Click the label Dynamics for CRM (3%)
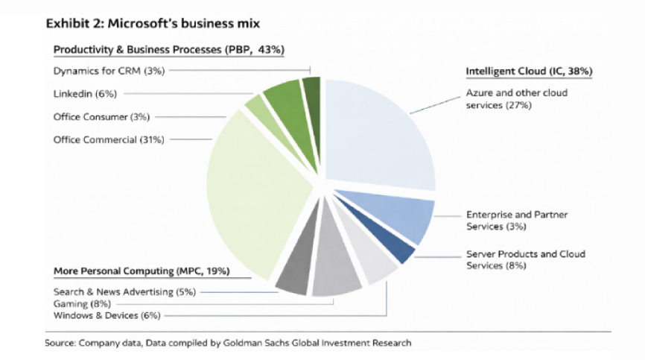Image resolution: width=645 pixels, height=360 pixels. tap(109, 71)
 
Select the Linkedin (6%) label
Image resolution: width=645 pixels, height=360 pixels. tap(85, 94)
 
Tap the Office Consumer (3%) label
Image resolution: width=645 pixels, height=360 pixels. tap(102, 116)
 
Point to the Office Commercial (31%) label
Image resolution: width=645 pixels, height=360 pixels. tap(109, 139)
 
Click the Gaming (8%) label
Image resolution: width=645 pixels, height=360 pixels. tap(82, 304)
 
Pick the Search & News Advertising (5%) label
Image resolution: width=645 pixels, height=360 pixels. tap(124, 292)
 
